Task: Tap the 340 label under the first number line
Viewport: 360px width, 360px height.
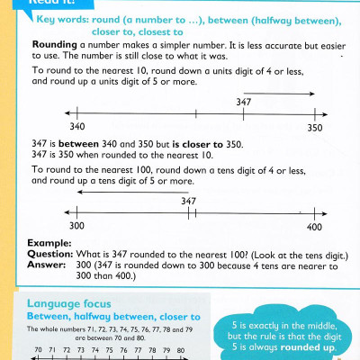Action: click(76, 128)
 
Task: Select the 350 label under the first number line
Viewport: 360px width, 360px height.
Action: click(313, 128)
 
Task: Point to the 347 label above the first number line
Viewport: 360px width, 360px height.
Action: click(246, 102)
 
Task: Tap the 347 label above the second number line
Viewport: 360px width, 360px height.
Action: click(189, 201)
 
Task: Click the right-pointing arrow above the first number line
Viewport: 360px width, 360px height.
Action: click(288, 92)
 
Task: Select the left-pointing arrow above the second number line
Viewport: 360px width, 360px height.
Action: click(108, 190)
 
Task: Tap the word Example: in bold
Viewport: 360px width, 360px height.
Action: click(47, 243)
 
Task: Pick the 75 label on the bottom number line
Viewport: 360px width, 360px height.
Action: click(109, 350)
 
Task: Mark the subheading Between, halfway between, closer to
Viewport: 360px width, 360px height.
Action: click(112, 318)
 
